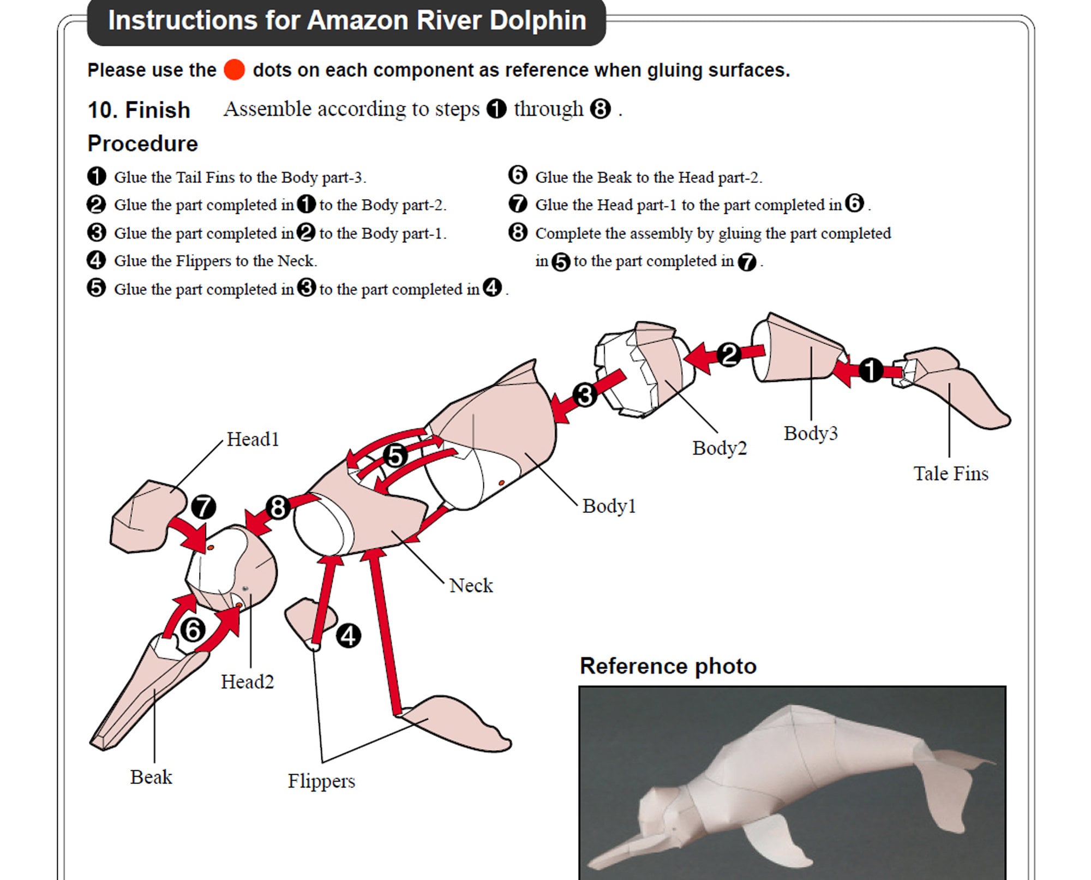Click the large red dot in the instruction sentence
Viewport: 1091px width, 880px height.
point(234,70)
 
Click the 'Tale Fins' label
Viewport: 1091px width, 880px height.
point(951,474)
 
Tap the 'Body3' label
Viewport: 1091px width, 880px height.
point(811,433)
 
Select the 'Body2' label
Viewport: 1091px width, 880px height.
point(720,448)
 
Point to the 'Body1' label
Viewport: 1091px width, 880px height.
point(609,506)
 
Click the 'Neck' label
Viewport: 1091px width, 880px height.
point(471,585)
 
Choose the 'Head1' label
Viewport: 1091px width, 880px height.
point(253,439)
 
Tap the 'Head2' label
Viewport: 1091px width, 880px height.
point(247,682)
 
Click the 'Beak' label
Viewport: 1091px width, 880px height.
point(151,777)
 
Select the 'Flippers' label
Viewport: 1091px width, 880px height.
point(321,781)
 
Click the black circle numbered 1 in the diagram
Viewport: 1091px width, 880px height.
point(871,370)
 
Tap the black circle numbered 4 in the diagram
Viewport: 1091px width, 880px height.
point(348,636)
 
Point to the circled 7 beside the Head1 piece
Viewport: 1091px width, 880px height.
point(203,507)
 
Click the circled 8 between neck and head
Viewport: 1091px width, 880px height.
point(278,507)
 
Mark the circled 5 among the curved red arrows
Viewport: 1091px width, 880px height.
point(395,456)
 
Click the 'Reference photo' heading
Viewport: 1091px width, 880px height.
point(668,666)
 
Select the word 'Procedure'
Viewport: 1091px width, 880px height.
point(143,143)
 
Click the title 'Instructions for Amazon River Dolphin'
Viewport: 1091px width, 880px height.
point(347,21)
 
